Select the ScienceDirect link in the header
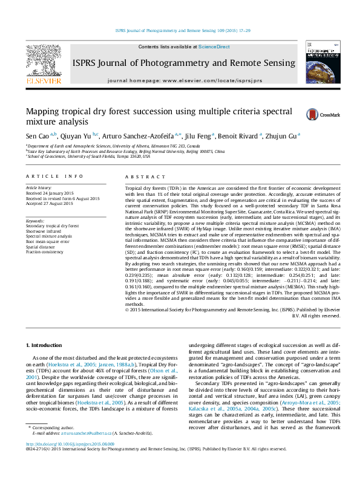[x=214, y=47]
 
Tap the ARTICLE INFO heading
[x=54, y=176]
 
